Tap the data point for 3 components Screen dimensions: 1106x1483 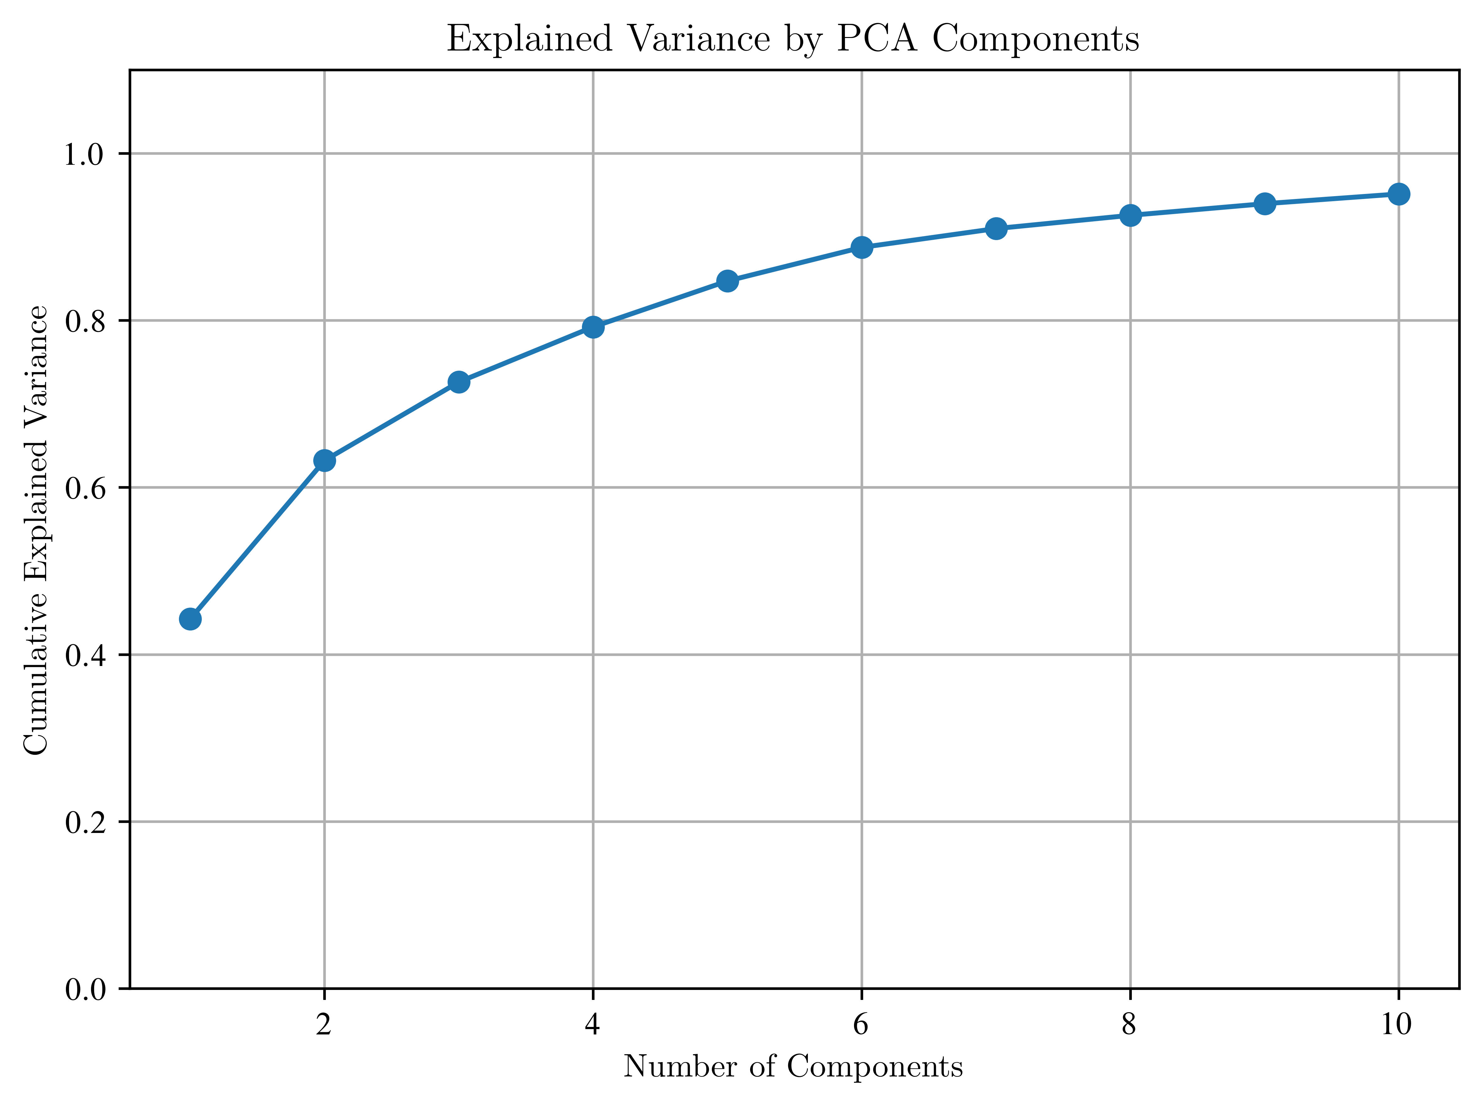pos(459,382)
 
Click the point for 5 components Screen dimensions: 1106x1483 pos(728,281)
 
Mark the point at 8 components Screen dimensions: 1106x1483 pos(1130,215)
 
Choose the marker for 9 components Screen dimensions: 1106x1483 pos(1265,203)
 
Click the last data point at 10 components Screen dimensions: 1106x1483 pos(1399,194)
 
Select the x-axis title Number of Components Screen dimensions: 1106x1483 pos(793,1066)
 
